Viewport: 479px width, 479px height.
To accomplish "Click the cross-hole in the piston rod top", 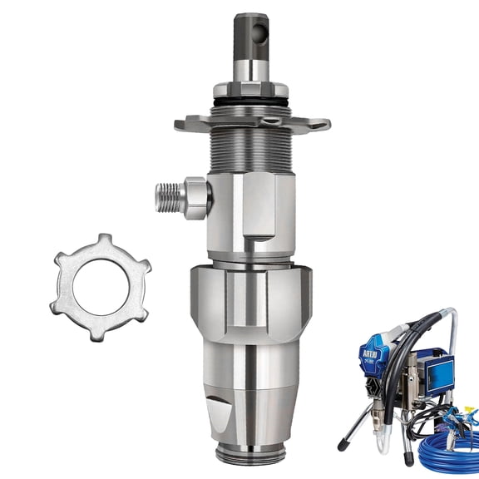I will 263,32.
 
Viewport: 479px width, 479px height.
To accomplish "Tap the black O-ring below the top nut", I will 252,104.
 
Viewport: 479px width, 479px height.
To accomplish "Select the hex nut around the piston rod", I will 252,90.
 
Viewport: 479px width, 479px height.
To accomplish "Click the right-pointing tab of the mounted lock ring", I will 320,124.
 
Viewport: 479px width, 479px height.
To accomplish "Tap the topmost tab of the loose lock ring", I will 104,239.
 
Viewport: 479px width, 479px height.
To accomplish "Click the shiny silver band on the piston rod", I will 252,67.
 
